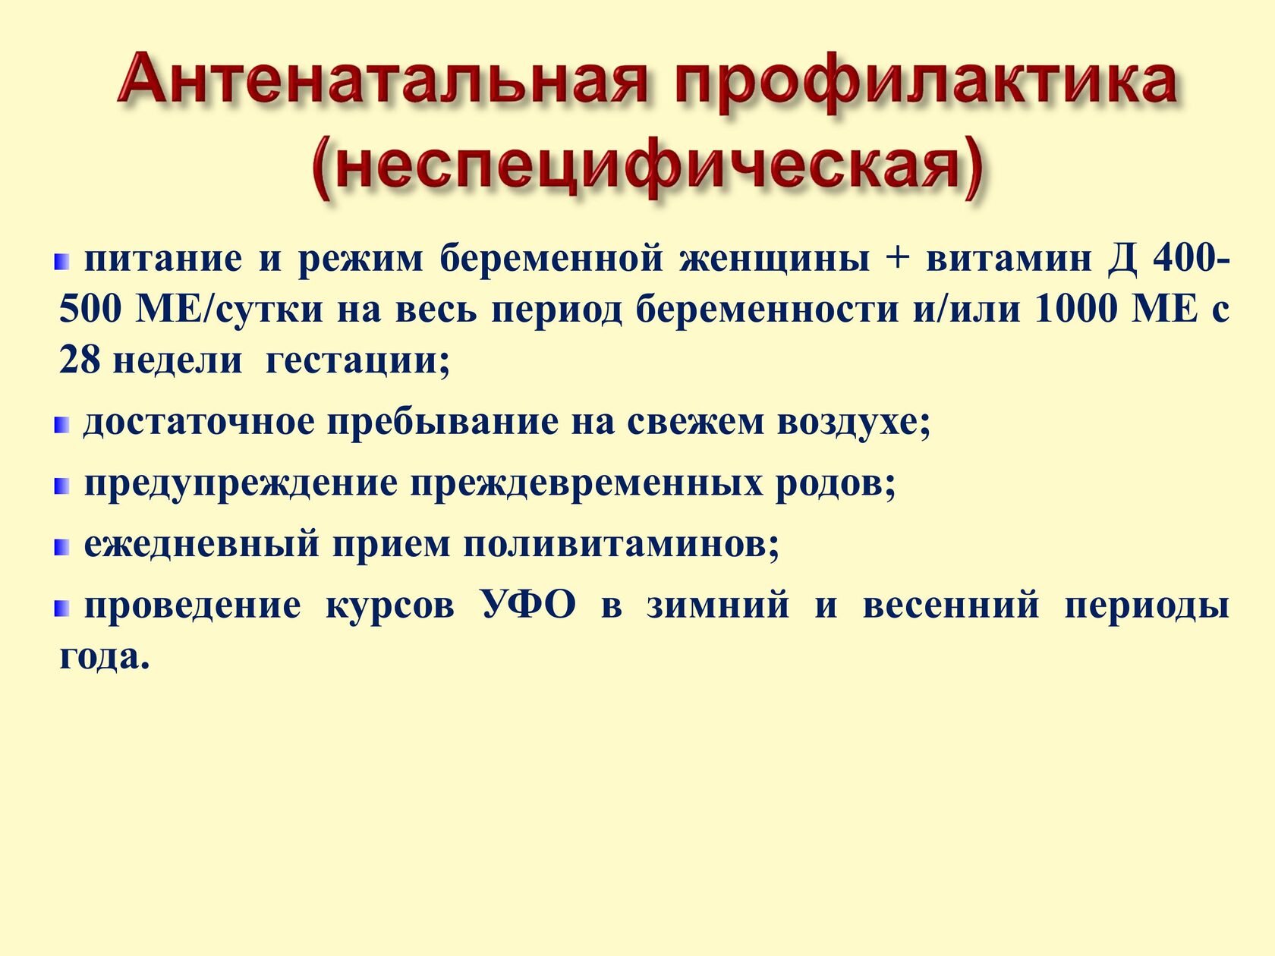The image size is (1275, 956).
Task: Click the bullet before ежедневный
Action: (x=62, y=547)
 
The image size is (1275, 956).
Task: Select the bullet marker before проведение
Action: (x=62, y=609)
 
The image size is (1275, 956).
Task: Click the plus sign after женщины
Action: (x=898, y=259)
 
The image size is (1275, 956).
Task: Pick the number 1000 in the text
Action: (x=1076, y=309)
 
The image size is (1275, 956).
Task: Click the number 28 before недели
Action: (x=80, y=360)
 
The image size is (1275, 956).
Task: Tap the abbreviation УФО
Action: (x=529, y=604)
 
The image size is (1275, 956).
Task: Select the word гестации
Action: (x=357, y=362)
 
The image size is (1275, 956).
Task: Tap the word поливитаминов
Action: (x=622, y=545)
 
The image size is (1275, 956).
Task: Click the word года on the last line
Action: (x=105, y=657)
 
